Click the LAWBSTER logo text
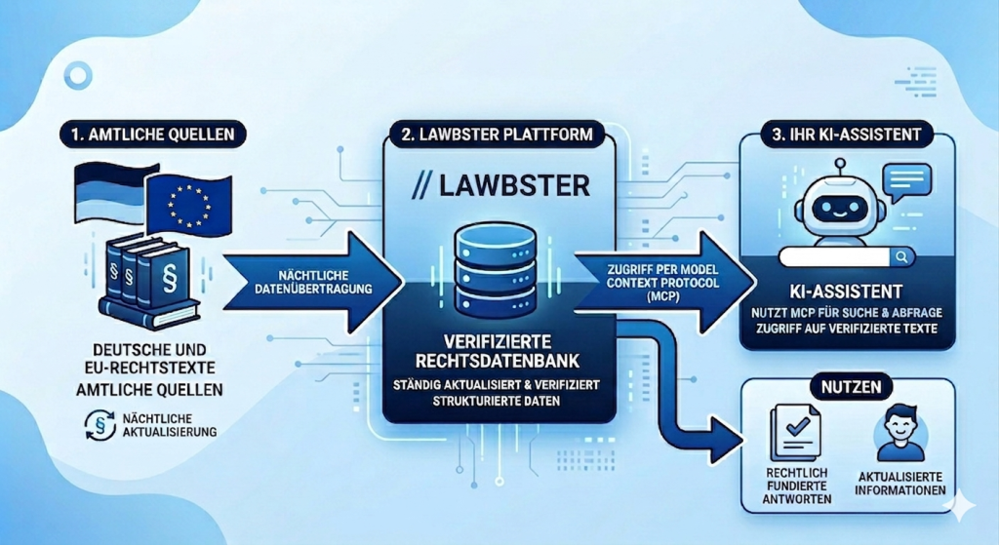click(499, 184)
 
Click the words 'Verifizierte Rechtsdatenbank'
click(499, 351)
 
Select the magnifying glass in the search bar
click(901, 257)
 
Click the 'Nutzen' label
click(846, 386)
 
